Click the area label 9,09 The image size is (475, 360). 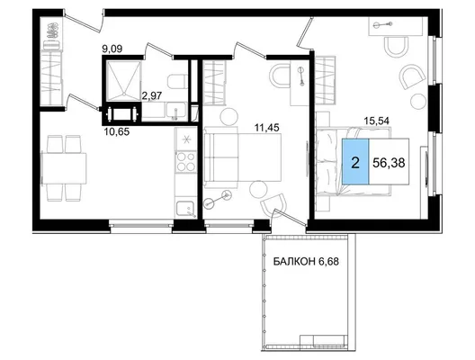click(x=112, y=49)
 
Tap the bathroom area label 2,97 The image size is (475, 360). click(x=152, y=95)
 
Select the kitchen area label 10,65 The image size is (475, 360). click(x=117, y=131)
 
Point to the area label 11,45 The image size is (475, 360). click(x=266, y=128)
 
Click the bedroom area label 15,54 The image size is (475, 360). click(x=377, y=121)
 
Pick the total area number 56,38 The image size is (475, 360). click(x=389, y=163)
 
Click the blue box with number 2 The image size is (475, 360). click(x=355, y=161)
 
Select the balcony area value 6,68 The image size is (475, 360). click(x=328, y=261)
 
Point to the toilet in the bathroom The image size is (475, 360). click(x=176, y=81)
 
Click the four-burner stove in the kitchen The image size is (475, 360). click(x=186, y=162)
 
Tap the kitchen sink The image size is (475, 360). click(x=185, y=209)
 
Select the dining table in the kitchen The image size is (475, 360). click(x=64, y=168)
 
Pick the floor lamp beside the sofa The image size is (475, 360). click(x=217, y=200)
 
